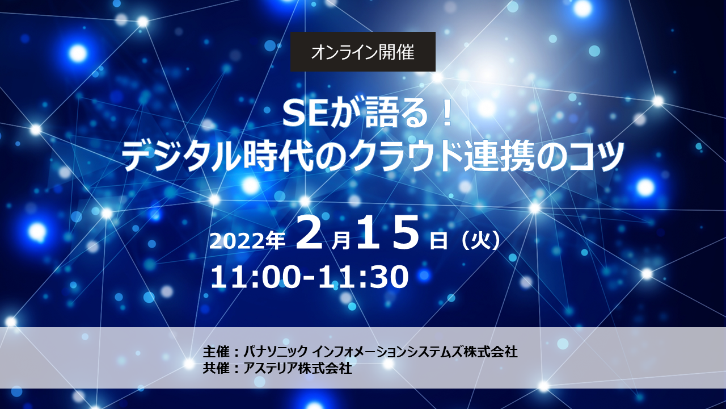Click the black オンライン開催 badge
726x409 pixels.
[x=362, y=52]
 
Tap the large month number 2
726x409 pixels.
[x=309, y=233]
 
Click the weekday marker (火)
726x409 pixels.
[x=480, y=241]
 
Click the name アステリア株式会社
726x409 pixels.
[x=298, y=369]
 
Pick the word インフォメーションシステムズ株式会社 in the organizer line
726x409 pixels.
[x=416, y=352]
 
